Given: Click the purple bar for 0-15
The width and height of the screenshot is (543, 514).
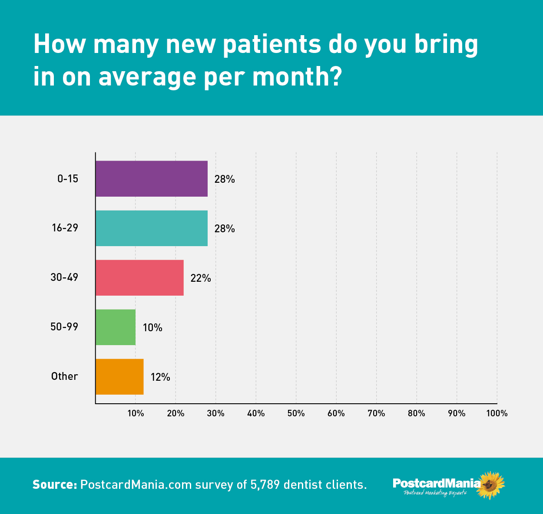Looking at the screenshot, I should pos(152,179).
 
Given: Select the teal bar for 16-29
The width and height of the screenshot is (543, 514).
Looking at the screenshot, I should pos(152,228).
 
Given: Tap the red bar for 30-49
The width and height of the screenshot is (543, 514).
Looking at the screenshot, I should pos(139,278).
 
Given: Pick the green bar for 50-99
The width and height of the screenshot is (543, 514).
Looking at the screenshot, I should pos(116,327).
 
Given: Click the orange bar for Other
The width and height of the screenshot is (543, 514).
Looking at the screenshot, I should pos(119,377).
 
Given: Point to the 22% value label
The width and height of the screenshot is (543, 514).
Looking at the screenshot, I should pos(201,278).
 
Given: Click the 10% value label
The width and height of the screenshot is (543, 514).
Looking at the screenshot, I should pos(152,328).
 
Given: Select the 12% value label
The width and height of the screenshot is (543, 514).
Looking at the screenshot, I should pos(160,377).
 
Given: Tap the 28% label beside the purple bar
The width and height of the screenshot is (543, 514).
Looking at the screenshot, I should pos(225,179).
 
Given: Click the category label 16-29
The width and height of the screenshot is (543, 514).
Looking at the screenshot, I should pos(65,228).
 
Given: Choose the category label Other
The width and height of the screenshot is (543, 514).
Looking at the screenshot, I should pos(64,376).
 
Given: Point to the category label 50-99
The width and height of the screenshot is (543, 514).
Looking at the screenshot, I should pos(64,327).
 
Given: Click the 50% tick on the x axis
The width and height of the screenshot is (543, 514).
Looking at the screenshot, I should pos(296,413).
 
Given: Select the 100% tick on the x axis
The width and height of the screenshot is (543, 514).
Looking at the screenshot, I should pos(497,413).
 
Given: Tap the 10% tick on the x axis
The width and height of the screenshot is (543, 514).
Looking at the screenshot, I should pos(136,413).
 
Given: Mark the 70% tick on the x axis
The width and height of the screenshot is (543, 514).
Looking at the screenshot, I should pos(376,413).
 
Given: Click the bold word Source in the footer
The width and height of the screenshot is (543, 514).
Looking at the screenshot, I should pos(55,484).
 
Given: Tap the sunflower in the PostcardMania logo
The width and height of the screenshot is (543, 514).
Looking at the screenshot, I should pos(490,484).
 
